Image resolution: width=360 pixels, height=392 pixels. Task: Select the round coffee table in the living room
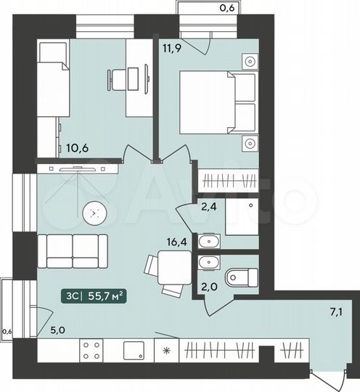(x=94, y=213)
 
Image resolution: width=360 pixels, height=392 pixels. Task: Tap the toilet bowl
(x=242, y=277)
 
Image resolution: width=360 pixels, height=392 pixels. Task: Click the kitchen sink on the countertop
(x=136, y=351)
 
